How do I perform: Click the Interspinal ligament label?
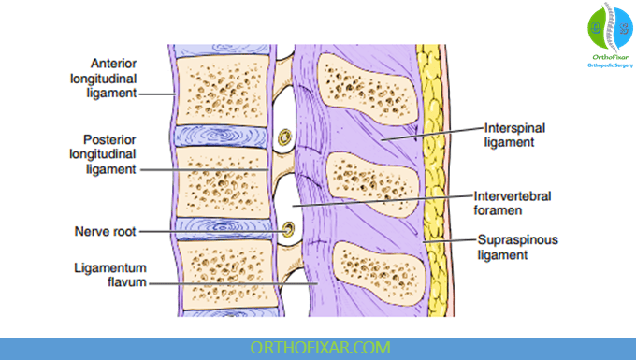[x=509, y=135]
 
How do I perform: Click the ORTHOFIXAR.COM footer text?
[x=318, y=347]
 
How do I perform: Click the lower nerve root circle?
[x=288, y=229]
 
